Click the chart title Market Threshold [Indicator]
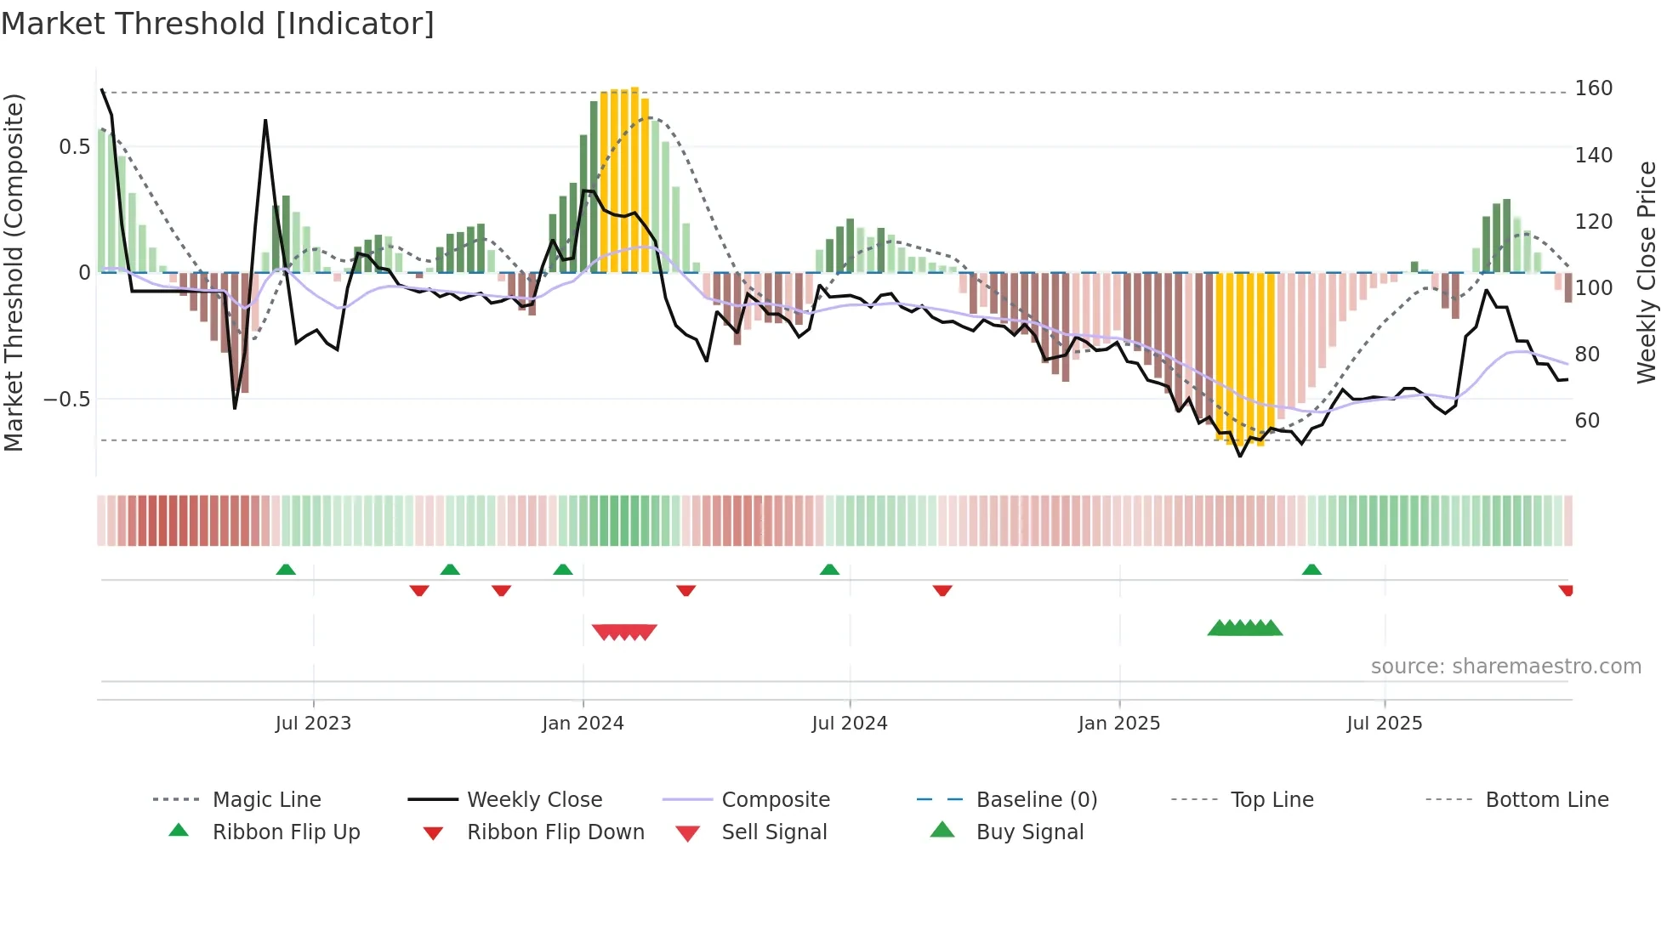pyautogui.click(x=218, y=24)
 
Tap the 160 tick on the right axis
pyautogui.click(x=1593, y=88)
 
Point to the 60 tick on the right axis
pyautogui.click(x=1587, y=420)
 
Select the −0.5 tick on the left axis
pyautogui.click(x=66, y=400)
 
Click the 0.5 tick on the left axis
pyautogui.click(x=74, y=147)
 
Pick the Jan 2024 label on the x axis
pyautogui.click(x=583, y=724)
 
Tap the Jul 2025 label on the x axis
pyautogui.click(x=1384, y=724)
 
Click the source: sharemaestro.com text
pyautogui.click(x=1505, y=667)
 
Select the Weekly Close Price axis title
pyautogui.click(x=1647, y=272)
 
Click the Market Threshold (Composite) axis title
pyautogui.click(x=14, y=272)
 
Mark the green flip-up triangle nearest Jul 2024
pyautogui.click(x=829, y=570)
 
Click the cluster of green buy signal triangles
pyautogui.click(x=1244, y=628)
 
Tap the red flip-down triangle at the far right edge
pyautogui.click(x=1566, y=590)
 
